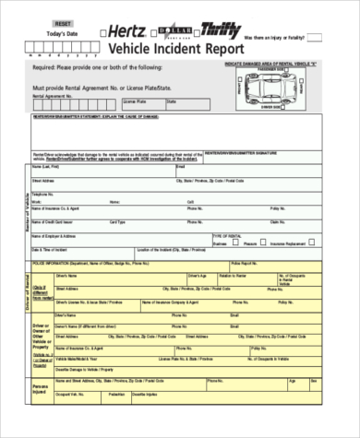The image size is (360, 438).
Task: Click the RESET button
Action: (63, 21)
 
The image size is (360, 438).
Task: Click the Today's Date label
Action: (63, 34)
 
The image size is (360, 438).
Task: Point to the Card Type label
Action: (118, 222)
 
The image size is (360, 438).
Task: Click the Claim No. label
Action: (277, 222)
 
